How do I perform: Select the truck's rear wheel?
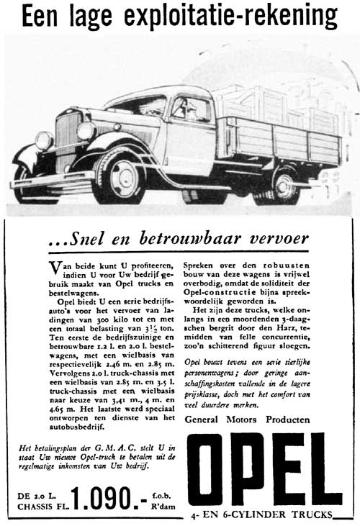point(282,183)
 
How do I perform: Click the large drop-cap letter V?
point(60,268)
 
